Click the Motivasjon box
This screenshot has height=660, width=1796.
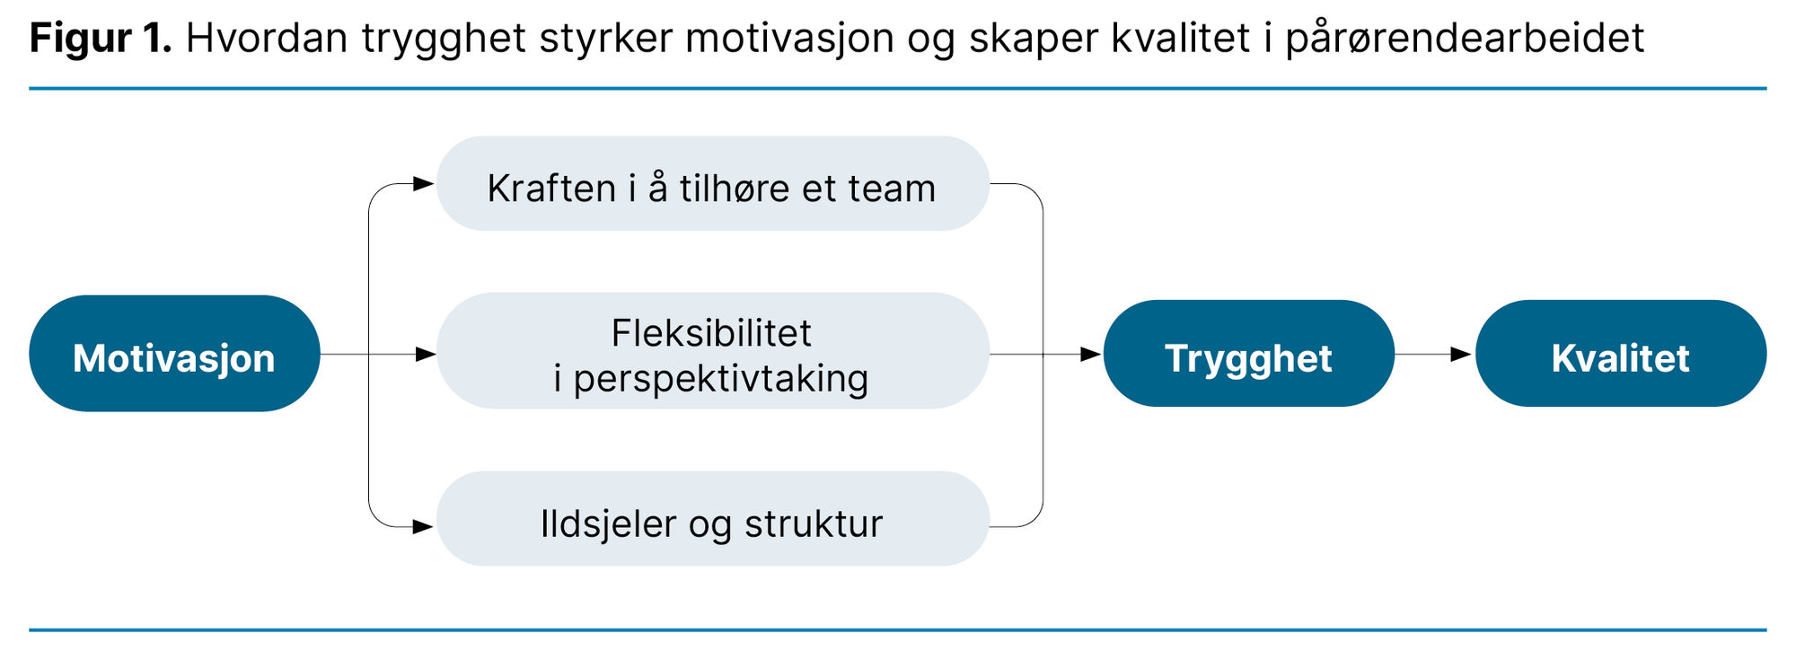[x=174, y=354]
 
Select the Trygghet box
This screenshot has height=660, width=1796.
[x=1248, y=354]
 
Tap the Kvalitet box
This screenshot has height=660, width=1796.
[x=1620, y=354]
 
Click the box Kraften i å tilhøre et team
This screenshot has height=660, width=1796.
[x=712, y=184]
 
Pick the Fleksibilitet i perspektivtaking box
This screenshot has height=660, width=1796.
[x=712, y=351]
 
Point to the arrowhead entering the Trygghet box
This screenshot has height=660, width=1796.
[x=1091, y=355]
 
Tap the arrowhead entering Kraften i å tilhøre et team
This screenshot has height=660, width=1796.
[x=424, y=184]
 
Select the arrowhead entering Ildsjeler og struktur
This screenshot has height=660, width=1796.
[x=424, y=527]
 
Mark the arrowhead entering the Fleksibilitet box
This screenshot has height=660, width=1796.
[x=426, y=355]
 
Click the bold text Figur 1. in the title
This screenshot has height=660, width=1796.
[x=100, y=39]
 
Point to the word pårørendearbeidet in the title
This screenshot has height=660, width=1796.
[x=1465, y=39]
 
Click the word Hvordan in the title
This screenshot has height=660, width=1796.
[x=267, y=39]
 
